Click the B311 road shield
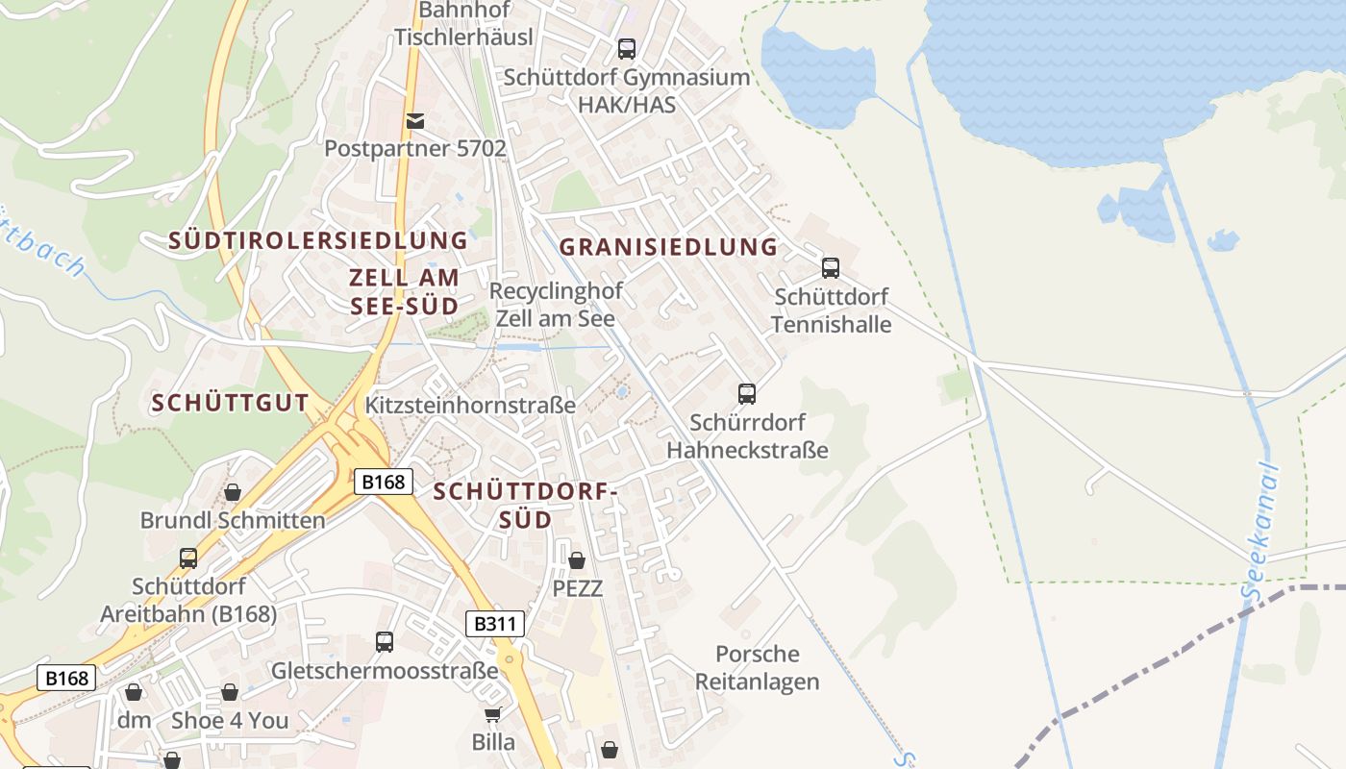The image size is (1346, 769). [496, 624]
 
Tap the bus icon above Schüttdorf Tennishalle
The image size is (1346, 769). [831, 268]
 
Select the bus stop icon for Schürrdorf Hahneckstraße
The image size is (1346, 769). [747, 393]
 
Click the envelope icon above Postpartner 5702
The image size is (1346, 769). [415, 120]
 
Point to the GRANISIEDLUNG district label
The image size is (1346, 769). [669, 247]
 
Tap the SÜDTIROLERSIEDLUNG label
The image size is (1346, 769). [318, 240]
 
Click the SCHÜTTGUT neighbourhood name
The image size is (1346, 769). [231, 404]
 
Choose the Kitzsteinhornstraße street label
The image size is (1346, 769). [470, 406]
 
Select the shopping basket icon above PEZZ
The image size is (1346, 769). [577, 559]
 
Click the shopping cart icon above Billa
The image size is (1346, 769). [493, 714]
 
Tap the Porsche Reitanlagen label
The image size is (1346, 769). [758, 668]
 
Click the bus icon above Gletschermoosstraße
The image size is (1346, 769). [385, 641]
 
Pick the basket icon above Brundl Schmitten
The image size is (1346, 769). [233, 492]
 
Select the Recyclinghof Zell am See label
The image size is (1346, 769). [556, 304]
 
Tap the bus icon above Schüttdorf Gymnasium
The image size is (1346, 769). [627, 48]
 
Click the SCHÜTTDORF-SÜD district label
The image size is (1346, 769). [525, 506]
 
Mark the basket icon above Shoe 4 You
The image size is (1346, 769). [230, 692]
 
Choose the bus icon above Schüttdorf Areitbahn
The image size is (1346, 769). [188, 558]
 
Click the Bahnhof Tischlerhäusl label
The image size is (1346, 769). [463, 24]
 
